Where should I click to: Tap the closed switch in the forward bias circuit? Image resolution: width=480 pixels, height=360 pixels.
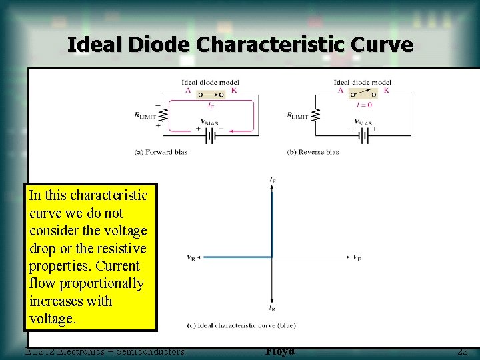[x=211, y=95]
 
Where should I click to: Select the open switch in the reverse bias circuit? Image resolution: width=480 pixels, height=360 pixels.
[x=362, y=95]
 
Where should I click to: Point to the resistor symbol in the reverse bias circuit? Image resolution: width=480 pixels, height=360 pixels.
[x=315, y=115]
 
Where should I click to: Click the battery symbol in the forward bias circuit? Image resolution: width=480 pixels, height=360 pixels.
[x=211, y=135]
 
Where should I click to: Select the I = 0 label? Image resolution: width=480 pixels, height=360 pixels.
[x=363, y=105]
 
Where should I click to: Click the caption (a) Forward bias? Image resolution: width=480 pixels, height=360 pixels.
[x=161, y=152]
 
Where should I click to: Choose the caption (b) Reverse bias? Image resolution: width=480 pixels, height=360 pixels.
[x=313, y=152]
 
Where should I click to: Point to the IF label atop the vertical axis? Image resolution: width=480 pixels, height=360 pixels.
[x=273, y=180]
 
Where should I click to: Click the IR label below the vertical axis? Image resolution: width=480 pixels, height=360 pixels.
[x=273, y=309]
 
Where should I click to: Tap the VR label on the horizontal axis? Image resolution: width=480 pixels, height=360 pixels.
[x=191, y=257]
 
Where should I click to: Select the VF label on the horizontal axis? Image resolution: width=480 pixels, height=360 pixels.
[x=357, y=257]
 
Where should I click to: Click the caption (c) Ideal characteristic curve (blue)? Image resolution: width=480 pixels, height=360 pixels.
[x=241, y=326]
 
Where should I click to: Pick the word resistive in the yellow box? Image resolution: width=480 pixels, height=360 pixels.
[x=120, y=249]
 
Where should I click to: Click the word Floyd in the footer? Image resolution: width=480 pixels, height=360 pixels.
[x=279, y=351]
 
